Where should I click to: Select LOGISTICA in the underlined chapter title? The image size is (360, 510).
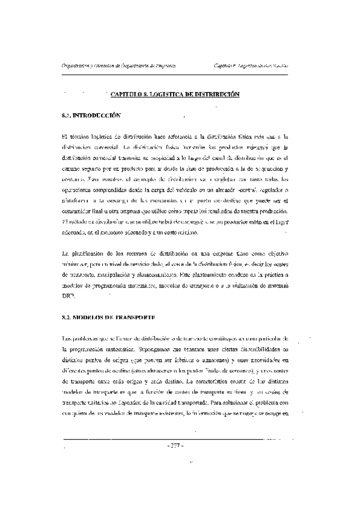tap(166, 94)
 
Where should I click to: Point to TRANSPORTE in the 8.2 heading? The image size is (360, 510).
tap(137, 316)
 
